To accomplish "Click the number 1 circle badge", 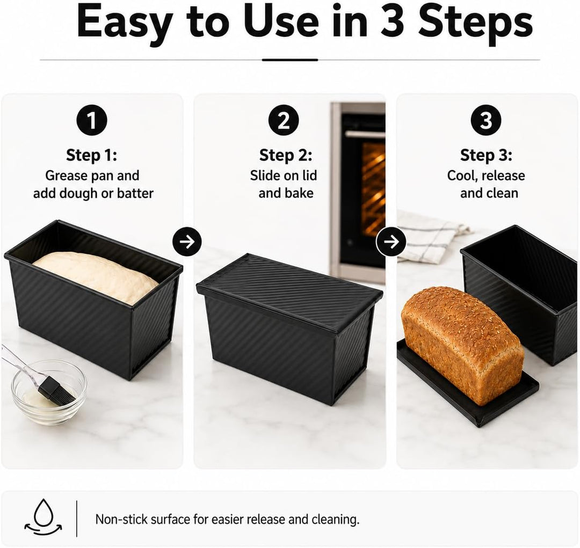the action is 92,121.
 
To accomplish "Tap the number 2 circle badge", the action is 284,121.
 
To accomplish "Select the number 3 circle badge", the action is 486,121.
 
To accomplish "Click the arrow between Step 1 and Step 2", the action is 187,242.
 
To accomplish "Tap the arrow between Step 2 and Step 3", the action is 391,242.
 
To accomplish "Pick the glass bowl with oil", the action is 49,393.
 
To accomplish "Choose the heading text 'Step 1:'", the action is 91,155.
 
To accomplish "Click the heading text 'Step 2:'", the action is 286,155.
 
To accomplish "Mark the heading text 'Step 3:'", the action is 486,155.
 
